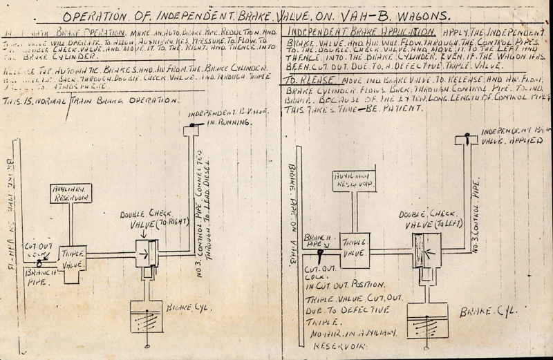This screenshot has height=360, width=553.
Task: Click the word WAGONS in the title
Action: (413, 15)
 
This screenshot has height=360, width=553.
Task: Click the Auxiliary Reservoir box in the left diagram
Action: (72, 193)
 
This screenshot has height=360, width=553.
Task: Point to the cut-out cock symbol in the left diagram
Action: (41, 263)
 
